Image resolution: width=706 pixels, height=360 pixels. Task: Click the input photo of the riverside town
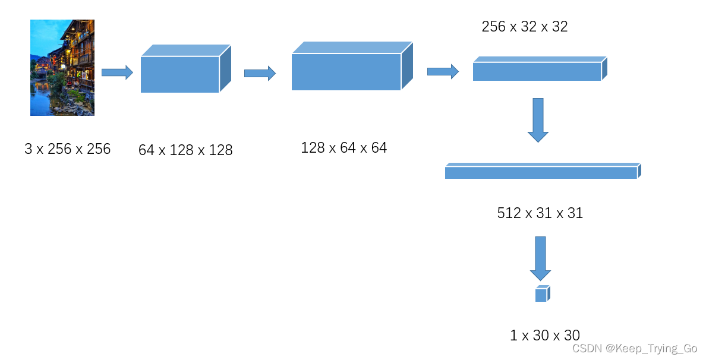click(62, 67)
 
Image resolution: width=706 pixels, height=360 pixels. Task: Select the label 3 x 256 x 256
click(67, 149)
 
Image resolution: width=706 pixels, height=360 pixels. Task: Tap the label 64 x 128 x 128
click(185, 150)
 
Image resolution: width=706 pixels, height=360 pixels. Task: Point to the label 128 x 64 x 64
click(343, 147)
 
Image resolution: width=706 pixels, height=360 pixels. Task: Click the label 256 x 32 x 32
click(524, 27)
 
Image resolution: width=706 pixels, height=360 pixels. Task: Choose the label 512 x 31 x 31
click(540, 213)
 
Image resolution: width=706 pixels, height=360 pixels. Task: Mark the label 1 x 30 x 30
click(544, 335)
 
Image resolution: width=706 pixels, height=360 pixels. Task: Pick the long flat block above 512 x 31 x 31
click(542, 172)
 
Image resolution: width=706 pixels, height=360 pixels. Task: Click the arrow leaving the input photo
click(117, 72)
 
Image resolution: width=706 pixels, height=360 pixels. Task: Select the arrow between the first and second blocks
click(260, 73)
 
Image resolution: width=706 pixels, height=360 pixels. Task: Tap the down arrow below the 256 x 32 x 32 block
click(538, 119)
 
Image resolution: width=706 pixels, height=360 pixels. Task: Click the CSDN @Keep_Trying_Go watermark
click(634, 349)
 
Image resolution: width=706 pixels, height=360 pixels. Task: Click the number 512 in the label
click(509, 213)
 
